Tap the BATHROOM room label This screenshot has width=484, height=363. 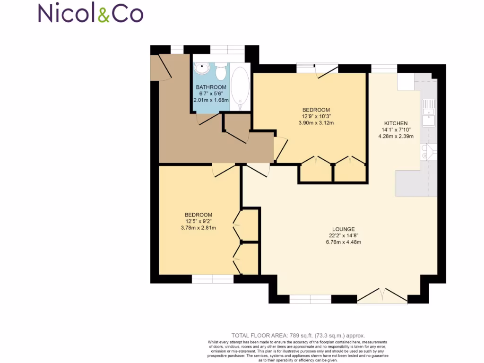[211, 87]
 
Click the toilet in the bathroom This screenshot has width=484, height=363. [220, 72]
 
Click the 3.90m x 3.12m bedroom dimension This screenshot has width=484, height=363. [316, 123]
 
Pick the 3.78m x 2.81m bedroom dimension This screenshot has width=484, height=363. [199, 228]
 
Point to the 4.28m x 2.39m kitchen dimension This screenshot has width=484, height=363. [396, 137]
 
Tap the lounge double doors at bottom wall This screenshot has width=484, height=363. [382, 296]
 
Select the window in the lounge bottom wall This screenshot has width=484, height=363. [310, 299]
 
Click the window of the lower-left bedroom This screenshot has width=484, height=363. [213, 279]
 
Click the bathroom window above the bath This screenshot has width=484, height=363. [227, 50]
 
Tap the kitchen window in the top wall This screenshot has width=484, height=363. [384, 69]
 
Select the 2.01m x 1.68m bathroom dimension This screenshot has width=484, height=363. [211, 100]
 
